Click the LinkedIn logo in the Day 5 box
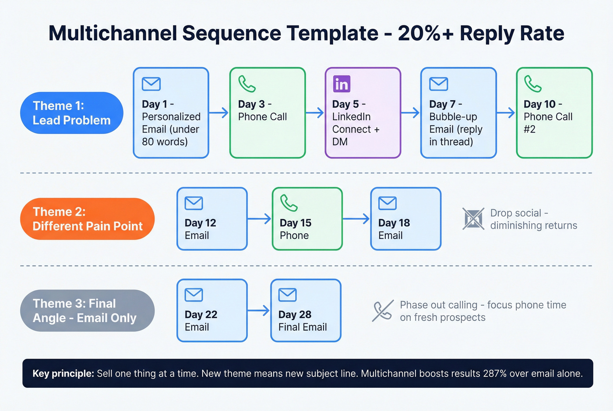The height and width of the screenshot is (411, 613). (x=342, y=84)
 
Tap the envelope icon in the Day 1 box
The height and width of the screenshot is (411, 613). (x=151, y=84)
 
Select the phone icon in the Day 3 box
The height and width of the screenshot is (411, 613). (x=247, y=84)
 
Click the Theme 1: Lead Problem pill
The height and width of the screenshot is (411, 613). (x=72, y=113)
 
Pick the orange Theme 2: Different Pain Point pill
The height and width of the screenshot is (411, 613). (x=88, y=219)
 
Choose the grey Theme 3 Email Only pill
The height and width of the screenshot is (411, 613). (x=88, y=311)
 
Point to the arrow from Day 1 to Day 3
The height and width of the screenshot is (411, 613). (x=219, y=113)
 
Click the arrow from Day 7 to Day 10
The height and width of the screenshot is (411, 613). (x=506, y=113)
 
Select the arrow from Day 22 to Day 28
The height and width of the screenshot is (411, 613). (x=259, y=311)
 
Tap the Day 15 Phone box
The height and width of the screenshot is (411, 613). (x=307, y=219)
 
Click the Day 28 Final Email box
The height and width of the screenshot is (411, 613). (x=306, y=311)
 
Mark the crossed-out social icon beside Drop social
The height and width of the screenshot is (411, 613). (x=473, y=218)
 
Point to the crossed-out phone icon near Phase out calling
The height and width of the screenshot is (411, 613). (x=382, y=311)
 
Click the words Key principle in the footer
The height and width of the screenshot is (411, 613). (x=63, y=373)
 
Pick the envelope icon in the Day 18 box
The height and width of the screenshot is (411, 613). (x=388, y=203)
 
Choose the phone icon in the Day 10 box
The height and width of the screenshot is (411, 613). (x=533, y=84)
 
